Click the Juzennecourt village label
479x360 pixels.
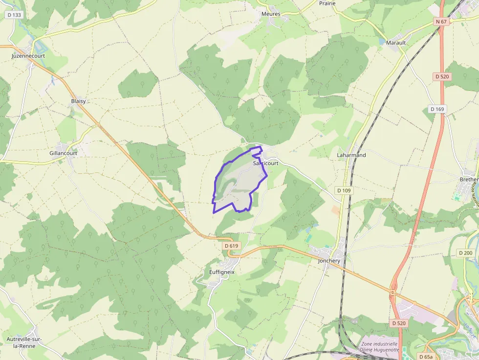[x=28, y=56]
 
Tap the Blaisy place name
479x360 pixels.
[x=78, y=101]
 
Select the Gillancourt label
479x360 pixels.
[x=63, y=153]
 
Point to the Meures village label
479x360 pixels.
[x=271, y=14]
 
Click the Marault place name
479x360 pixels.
[x=396, y=42]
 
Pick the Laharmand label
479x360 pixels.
[x=351, y=155]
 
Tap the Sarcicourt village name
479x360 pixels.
[x=266, y=163]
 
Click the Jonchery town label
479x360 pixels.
[x=329, y=261]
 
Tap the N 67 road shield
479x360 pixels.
[x=441, y=21]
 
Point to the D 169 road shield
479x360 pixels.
[x=437, y=109]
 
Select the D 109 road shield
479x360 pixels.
[x=344, y=190]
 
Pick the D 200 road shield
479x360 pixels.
[x=465, y=253]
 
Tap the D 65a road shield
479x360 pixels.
[x=425, y=357]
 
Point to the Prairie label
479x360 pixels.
[x=327, y=3]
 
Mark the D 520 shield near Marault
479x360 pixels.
[x=442, y=77]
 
